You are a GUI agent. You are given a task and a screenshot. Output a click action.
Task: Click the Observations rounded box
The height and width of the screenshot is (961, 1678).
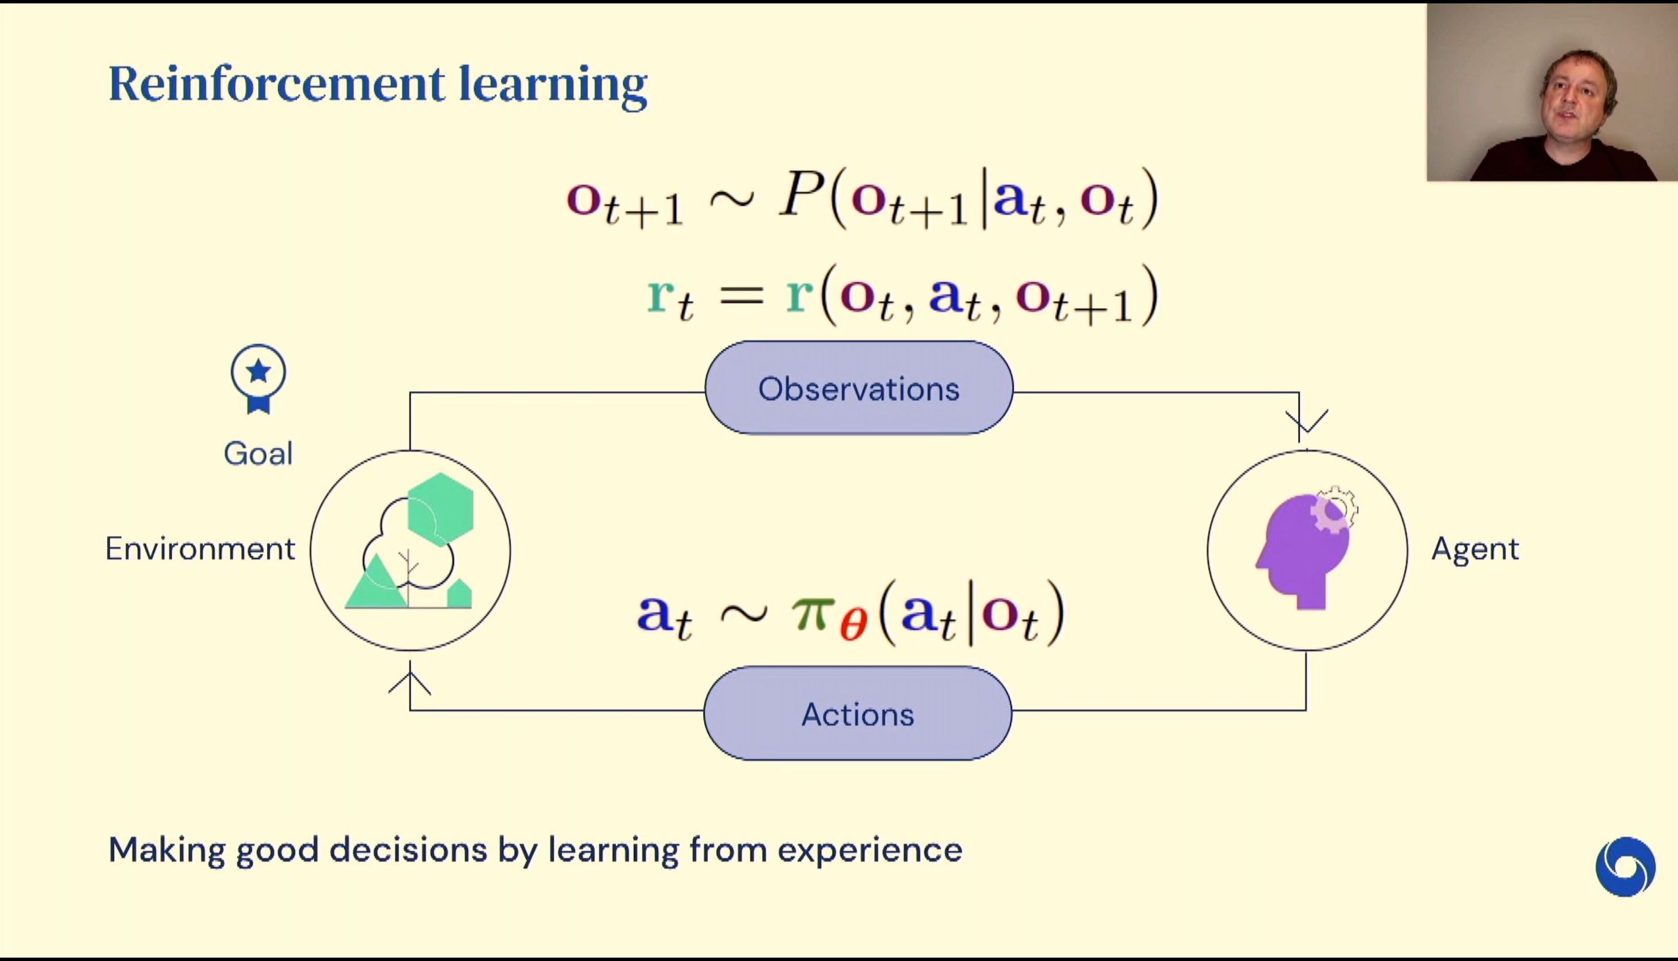(x=859, y=388)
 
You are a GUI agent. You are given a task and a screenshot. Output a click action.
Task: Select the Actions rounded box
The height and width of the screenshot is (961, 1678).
(x=858, y=713)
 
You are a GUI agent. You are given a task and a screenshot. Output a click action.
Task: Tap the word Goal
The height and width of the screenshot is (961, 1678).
(x=258, y=454)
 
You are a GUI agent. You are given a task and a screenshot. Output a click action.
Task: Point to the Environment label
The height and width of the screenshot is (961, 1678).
(x=201, y=549)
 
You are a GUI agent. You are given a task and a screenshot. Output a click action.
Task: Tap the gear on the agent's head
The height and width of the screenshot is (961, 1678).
(x=1334, y=509)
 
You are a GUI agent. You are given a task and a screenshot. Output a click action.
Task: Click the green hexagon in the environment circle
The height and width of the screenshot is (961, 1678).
(x=441, y=509)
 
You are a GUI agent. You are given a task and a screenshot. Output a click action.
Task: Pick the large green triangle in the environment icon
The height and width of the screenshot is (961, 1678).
(x=376, y=582)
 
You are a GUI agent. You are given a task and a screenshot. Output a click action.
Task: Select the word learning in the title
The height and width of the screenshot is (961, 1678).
(x=553, y=86)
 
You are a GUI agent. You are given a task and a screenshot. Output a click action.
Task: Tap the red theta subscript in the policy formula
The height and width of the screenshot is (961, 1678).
(x=854, y=625)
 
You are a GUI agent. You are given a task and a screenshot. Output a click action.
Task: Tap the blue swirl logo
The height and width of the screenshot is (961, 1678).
(x=1625, y=867)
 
